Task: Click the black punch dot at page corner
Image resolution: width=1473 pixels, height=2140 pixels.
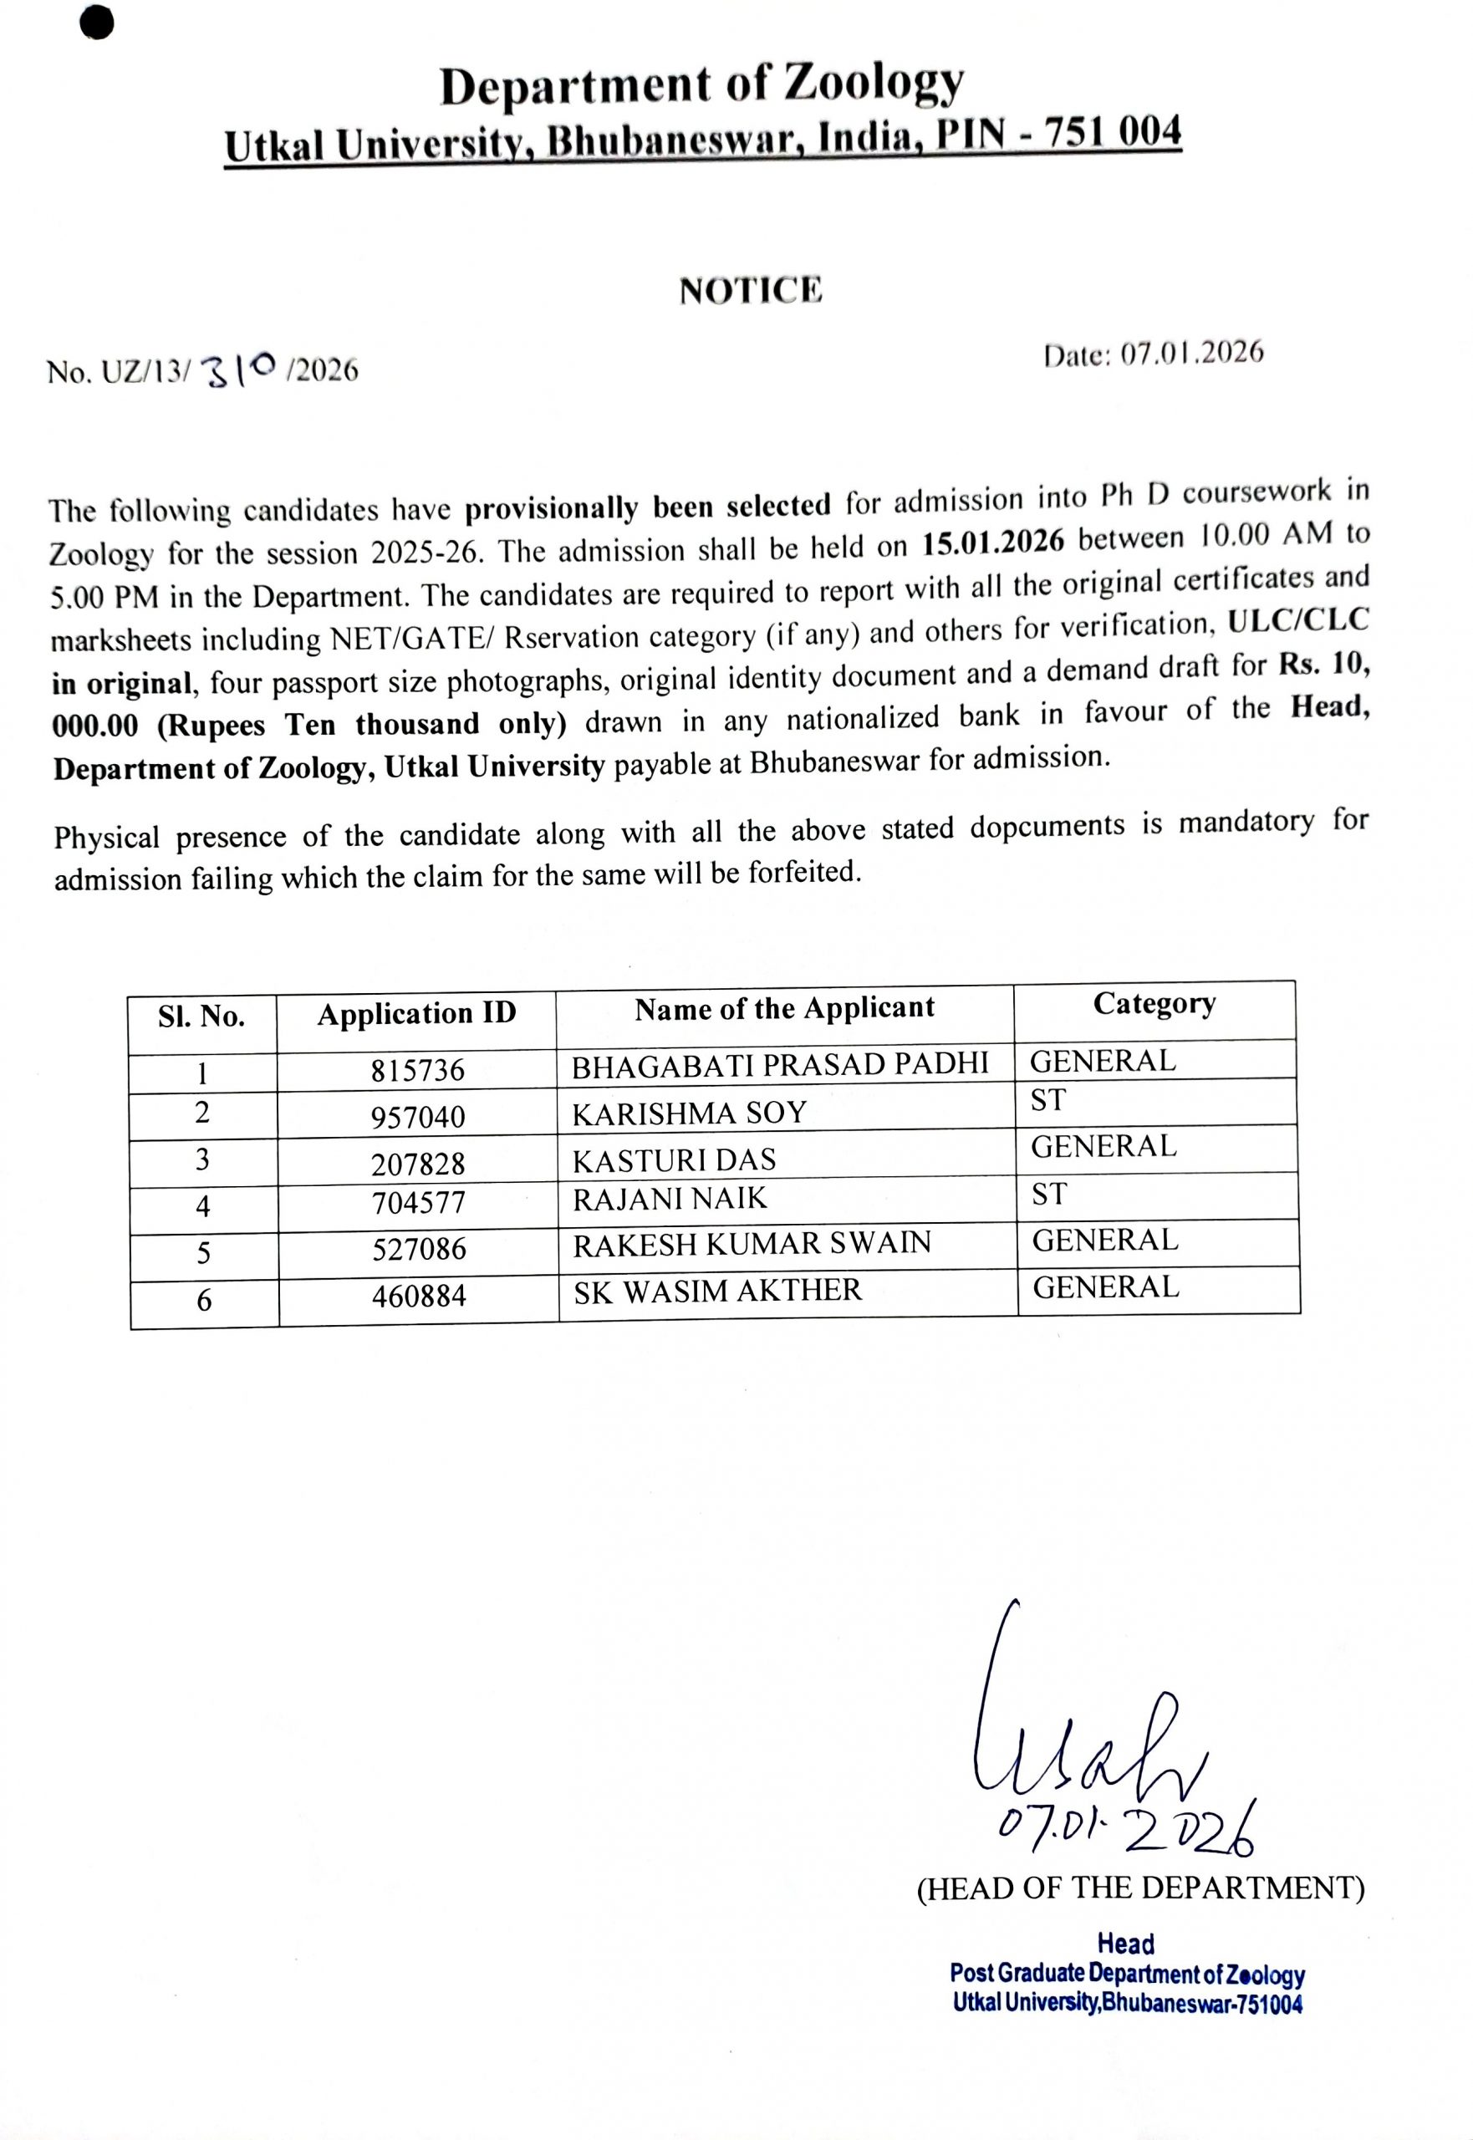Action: point(97,24)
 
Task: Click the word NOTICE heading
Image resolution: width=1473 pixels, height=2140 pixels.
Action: point(751,291)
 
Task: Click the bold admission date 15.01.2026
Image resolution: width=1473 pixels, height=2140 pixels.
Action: point(993,542)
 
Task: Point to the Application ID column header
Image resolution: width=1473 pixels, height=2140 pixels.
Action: point(416,1013)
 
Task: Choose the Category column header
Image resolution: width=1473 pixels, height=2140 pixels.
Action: point(1154,1003)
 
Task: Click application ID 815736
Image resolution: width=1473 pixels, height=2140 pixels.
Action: point(418,1071)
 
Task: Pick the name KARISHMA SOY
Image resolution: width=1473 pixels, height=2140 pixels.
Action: point(689,1113)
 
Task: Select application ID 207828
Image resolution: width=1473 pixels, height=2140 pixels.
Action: point(418,1164)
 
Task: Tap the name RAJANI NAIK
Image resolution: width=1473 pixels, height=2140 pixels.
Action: point(669,1199)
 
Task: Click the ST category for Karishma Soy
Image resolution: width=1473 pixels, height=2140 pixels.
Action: point(1047,1100)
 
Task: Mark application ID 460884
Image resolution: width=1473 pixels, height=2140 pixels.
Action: point(419,1297)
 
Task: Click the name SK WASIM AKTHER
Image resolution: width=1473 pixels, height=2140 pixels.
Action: point(717,1291)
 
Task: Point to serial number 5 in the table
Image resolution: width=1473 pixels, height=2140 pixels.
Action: point(203,1253)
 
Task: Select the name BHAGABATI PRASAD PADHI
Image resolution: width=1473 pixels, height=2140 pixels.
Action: point(780,1065)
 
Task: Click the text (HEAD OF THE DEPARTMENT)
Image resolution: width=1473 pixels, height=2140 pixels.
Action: point(1139,1888)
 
